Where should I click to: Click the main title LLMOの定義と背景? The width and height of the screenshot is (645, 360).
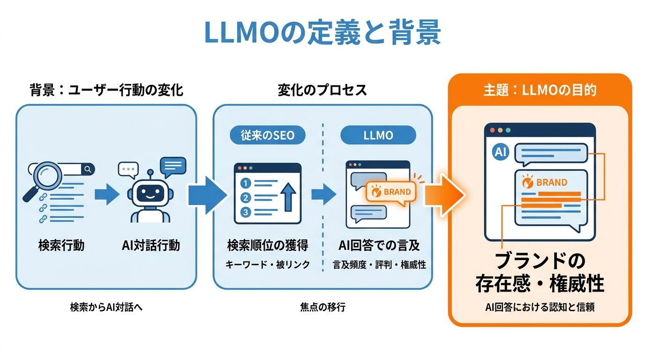click(x=322, y=32)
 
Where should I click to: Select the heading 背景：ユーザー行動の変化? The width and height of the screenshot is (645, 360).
click(x=106, y=90)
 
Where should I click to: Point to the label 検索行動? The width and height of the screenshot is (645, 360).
click(x=61, y=245)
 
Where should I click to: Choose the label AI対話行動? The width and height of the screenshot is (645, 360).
click(x=150, y=245)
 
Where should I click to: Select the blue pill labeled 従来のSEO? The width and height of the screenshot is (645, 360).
click(x=267, y=135)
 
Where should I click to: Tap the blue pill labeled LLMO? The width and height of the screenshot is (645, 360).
click(x=378, y=135)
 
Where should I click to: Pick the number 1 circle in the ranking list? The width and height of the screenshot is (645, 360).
click(x=245, y=183)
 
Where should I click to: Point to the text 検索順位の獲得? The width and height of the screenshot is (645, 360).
click(x=268, y=245)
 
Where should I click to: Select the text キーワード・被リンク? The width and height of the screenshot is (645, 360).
click(x=268, y=265)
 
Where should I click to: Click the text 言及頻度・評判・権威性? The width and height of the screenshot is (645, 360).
click(x=379, y=265)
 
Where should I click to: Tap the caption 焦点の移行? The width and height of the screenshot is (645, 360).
click(x=322, y=307)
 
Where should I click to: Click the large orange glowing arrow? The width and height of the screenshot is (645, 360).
click(x=443, y=194)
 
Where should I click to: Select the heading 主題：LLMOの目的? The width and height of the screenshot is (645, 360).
click(x=540, y=90)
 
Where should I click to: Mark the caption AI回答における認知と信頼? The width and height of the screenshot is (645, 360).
click(x=540, y=308)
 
